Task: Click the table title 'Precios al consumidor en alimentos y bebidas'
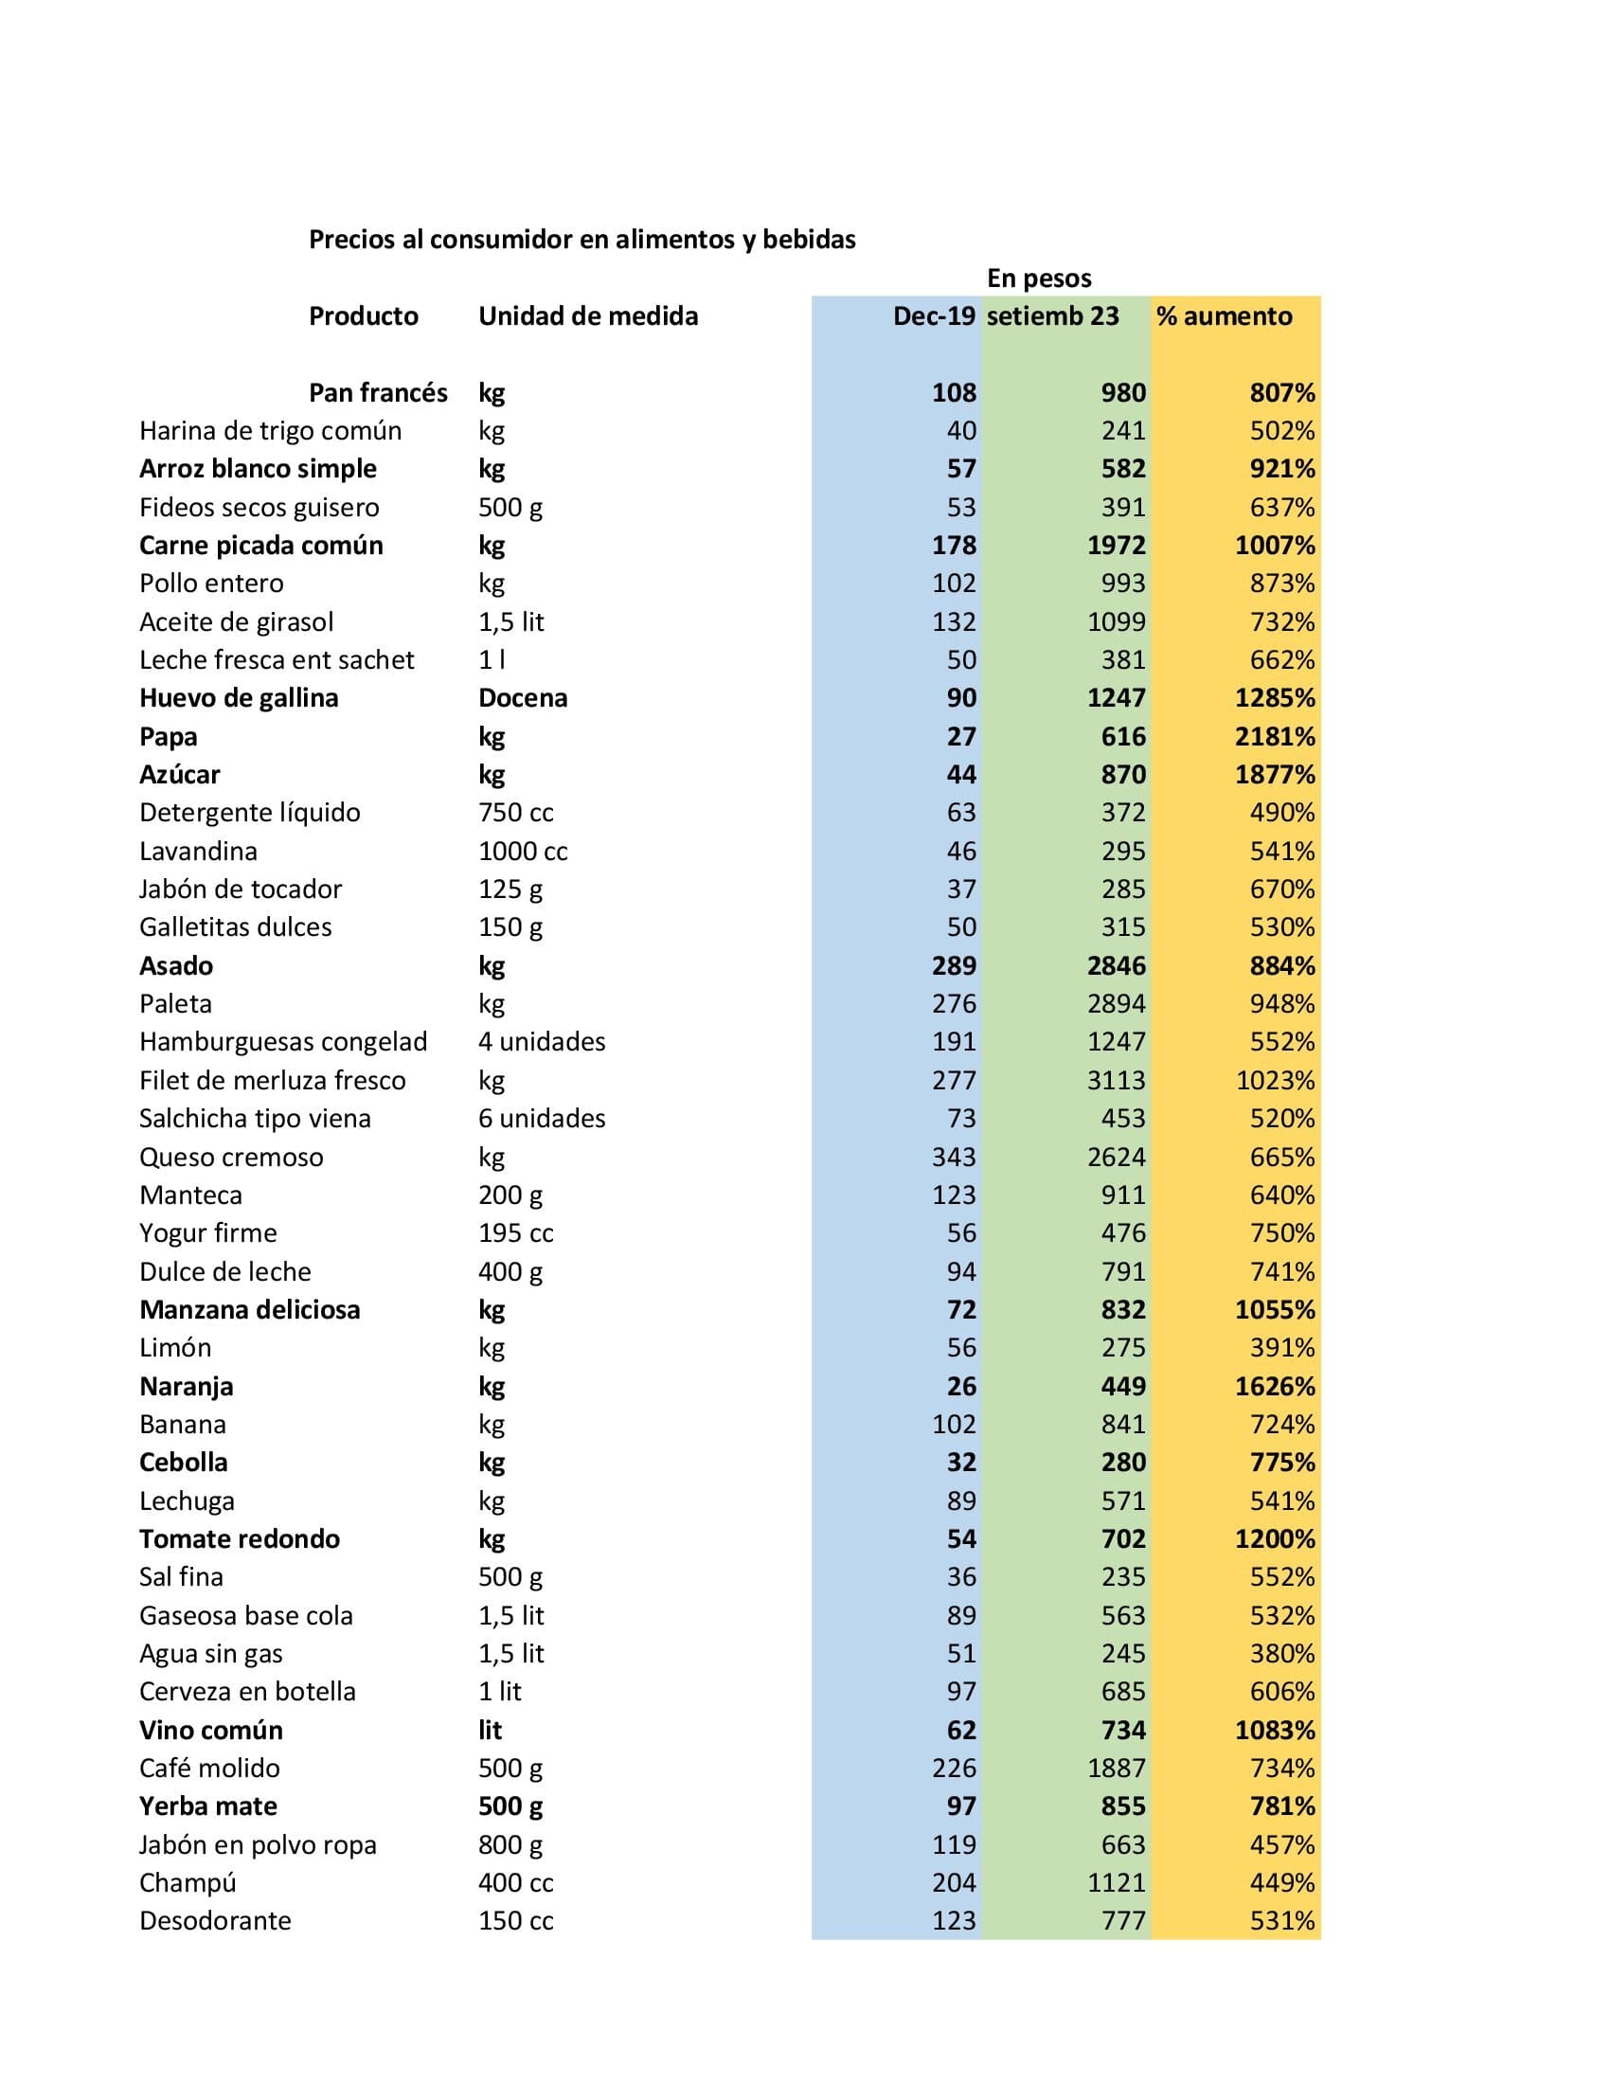[x=581, y=240]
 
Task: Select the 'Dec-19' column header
[x=933, y=316]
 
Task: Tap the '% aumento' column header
[x=1224, y=316]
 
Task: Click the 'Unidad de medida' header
[x=587, y=316]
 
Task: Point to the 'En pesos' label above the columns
[x=1039, y=278]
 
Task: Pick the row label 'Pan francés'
[x=378, y=393]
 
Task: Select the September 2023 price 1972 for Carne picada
[x=1116, y=546]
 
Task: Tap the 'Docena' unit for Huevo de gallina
[x=523, y=698]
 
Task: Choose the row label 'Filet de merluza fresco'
[x=272, y=1080]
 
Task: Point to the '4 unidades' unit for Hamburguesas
[x=542, y=1042]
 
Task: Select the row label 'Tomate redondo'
[x=240, y=1539]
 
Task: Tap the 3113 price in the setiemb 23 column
[x=1116, y=1080]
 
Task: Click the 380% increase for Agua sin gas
[x=1282, y=1654]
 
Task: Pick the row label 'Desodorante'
[x=216, y=1921]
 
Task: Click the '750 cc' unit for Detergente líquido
[x=516, y=813]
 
